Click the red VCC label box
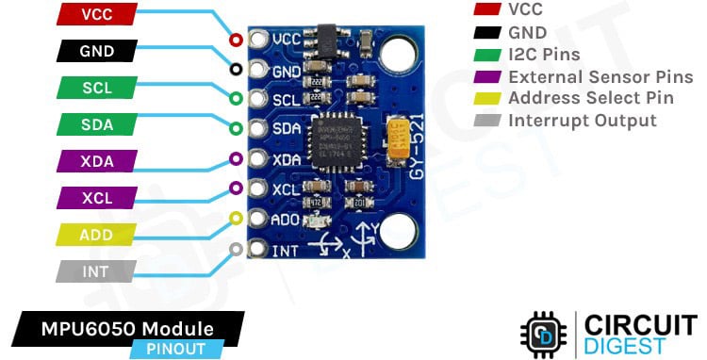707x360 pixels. point(96,14)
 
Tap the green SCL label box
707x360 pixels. point(96,88)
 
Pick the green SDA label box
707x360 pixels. point(96,124)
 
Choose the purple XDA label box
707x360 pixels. point(96,161)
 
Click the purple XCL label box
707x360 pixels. point(96,198)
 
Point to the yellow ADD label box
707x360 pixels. point(96,235)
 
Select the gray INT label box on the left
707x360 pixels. point(96,271)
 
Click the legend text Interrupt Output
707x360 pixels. point(582,121)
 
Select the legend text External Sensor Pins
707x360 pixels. point(600,76)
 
